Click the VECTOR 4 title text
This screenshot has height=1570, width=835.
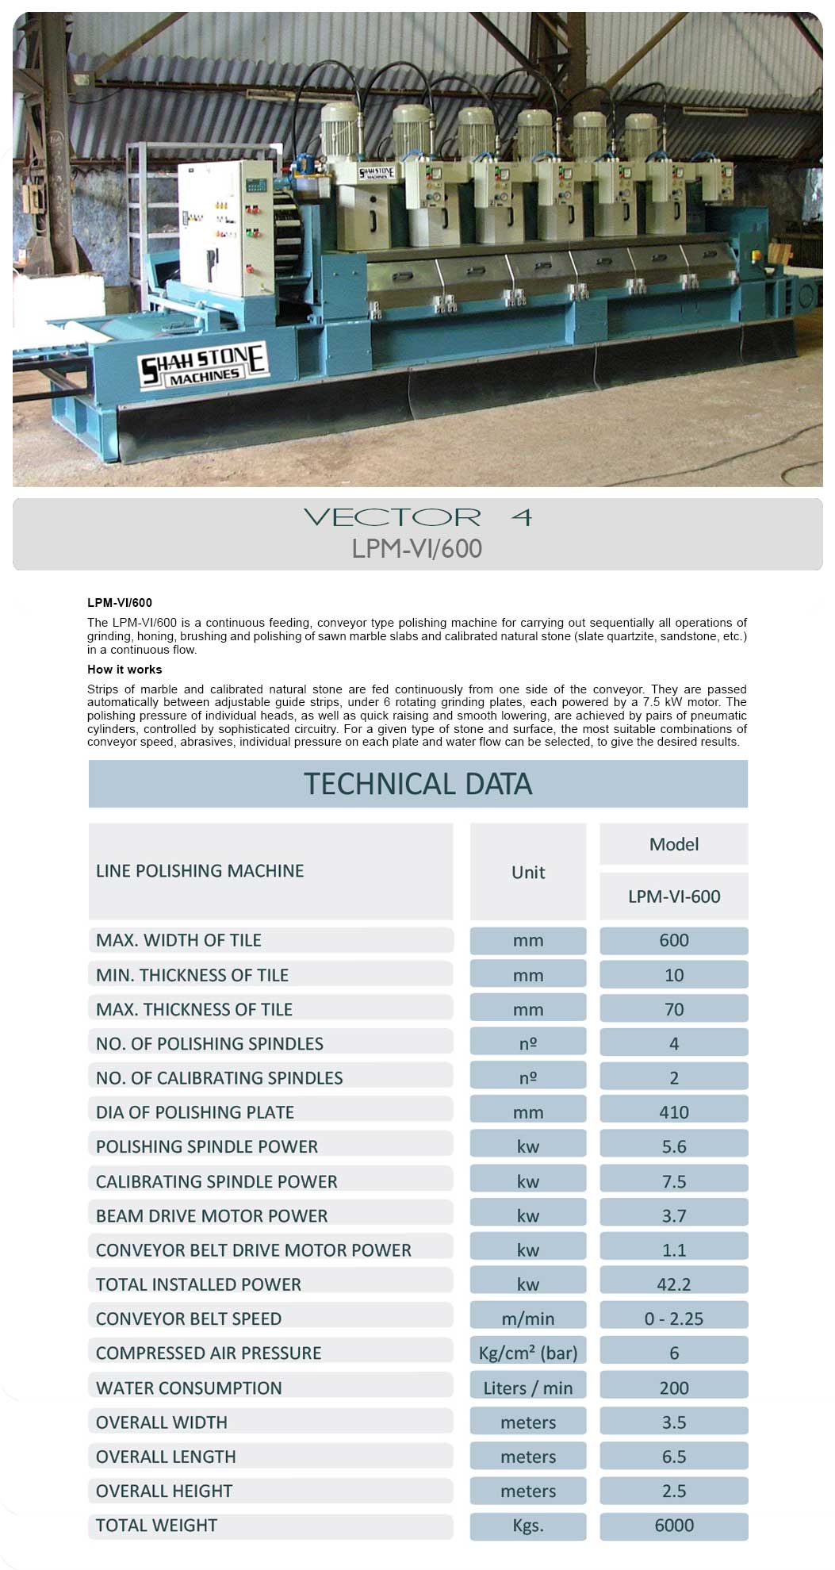point(417,517)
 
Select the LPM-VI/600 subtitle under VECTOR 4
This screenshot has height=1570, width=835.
point(417,548)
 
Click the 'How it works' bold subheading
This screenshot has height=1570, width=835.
point(124,669)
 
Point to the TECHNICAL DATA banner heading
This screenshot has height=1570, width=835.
point(418,784)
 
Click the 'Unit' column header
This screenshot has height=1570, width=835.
point(528,872)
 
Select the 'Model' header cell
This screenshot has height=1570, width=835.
point(673,844)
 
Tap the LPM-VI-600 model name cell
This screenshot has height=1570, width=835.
point(673,896)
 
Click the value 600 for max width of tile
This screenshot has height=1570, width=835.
point(673,940)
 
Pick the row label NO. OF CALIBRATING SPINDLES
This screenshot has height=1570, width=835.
point(220,1077)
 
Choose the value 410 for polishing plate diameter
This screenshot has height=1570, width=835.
point(673,1111)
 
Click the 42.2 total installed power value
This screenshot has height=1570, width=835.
point(673,1284)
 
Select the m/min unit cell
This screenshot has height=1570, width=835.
point(528,1318)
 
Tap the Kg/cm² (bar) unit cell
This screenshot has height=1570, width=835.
point(528,1353)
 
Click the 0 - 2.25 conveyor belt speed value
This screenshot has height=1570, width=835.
point(673,1318)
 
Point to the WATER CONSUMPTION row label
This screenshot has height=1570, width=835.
point(189,1388)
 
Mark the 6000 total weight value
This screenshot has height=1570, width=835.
point(673,1525)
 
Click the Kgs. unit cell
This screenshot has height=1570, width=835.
point(528,1525)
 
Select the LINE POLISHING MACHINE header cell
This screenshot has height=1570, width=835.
point(200,870)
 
